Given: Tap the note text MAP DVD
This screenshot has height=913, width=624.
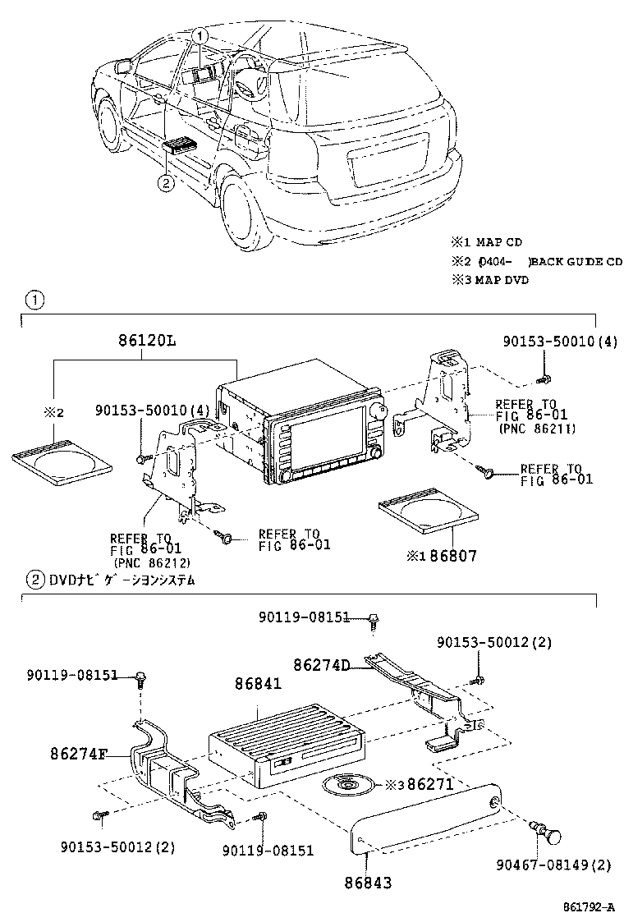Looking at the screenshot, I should pos(502,280).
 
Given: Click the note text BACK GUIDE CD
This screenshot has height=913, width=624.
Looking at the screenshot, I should pos(576,261).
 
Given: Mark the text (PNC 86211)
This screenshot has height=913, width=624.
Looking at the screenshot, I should pos(536,428).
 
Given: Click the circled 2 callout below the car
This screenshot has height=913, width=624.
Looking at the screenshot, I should pos(166,183).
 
